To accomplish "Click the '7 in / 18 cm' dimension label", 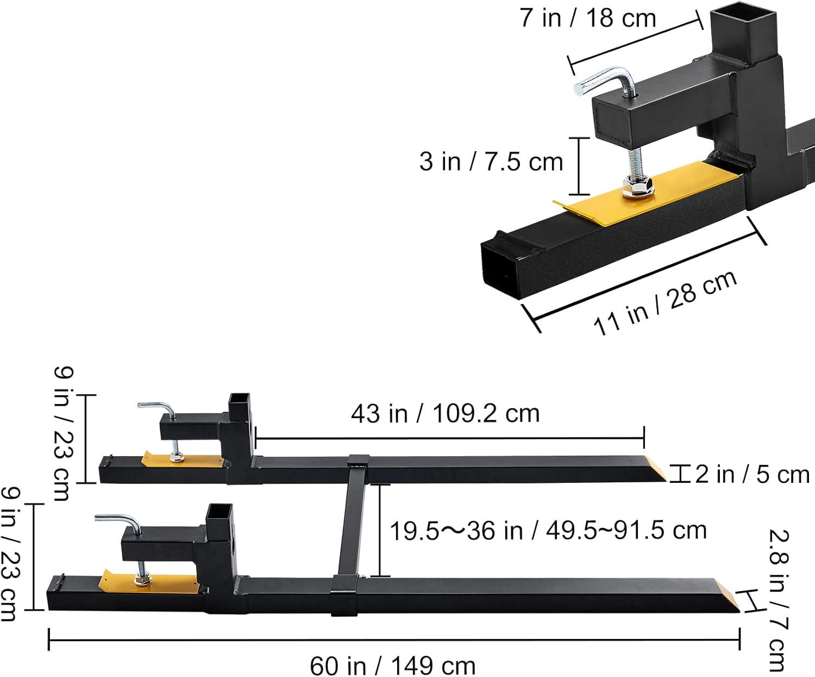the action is click(x=588, y=18).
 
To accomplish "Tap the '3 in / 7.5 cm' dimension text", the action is click(x=491, y=162).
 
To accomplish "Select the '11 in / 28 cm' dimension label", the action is click(x=664, y=303).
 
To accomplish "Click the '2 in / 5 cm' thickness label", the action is click(x=752, y=474).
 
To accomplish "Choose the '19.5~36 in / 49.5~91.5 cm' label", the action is click(x=548, y=531).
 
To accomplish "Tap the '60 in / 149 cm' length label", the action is click(x=393, y=665).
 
